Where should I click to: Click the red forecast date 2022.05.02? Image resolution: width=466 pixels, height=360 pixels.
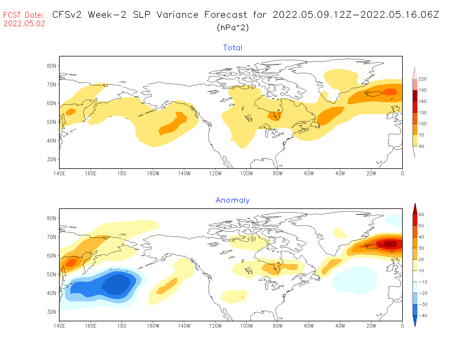24,23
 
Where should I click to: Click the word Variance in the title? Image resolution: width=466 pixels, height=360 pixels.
177,15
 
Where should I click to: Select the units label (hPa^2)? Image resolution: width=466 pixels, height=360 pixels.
233,27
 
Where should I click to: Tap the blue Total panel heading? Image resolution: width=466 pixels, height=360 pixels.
233,48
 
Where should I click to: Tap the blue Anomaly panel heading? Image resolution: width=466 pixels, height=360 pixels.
233,200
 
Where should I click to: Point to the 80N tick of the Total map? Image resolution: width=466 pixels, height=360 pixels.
51,66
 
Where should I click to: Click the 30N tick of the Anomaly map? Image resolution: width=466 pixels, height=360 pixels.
51,312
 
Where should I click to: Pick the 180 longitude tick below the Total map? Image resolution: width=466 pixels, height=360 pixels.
122,173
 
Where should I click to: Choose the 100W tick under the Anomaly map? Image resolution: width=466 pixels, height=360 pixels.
247,326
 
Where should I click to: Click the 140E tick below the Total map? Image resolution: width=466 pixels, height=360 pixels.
59,173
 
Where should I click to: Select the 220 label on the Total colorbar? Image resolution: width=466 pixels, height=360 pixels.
423,79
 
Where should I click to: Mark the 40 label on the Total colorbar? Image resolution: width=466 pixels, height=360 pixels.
421,146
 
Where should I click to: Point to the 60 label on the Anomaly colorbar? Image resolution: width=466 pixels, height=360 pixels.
421,215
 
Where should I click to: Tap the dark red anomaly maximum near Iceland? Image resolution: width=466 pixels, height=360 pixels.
390,244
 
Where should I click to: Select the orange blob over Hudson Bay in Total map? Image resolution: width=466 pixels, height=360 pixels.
275,116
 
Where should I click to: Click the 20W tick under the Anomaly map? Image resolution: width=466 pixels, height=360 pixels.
371,326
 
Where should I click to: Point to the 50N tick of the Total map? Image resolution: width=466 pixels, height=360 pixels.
51,122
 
